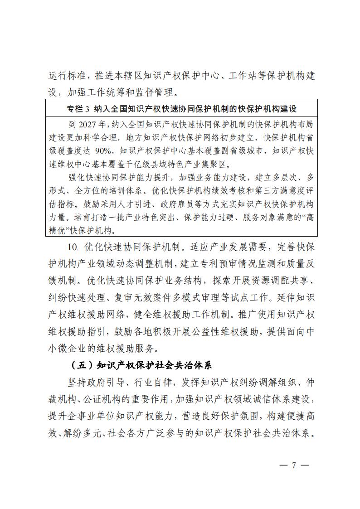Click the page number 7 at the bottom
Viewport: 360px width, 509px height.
point(294,465)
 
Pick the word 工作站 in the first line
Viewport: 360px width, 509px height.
point(254,75)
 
